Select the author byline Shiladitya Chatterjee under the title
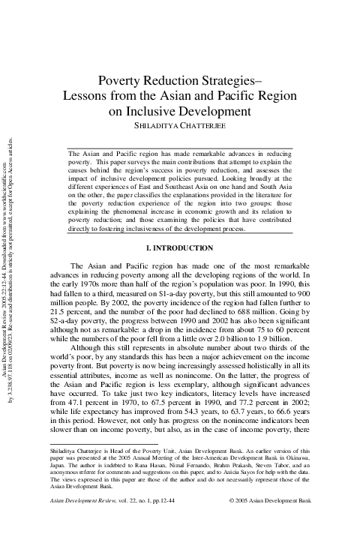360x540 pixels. [180, 127]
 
